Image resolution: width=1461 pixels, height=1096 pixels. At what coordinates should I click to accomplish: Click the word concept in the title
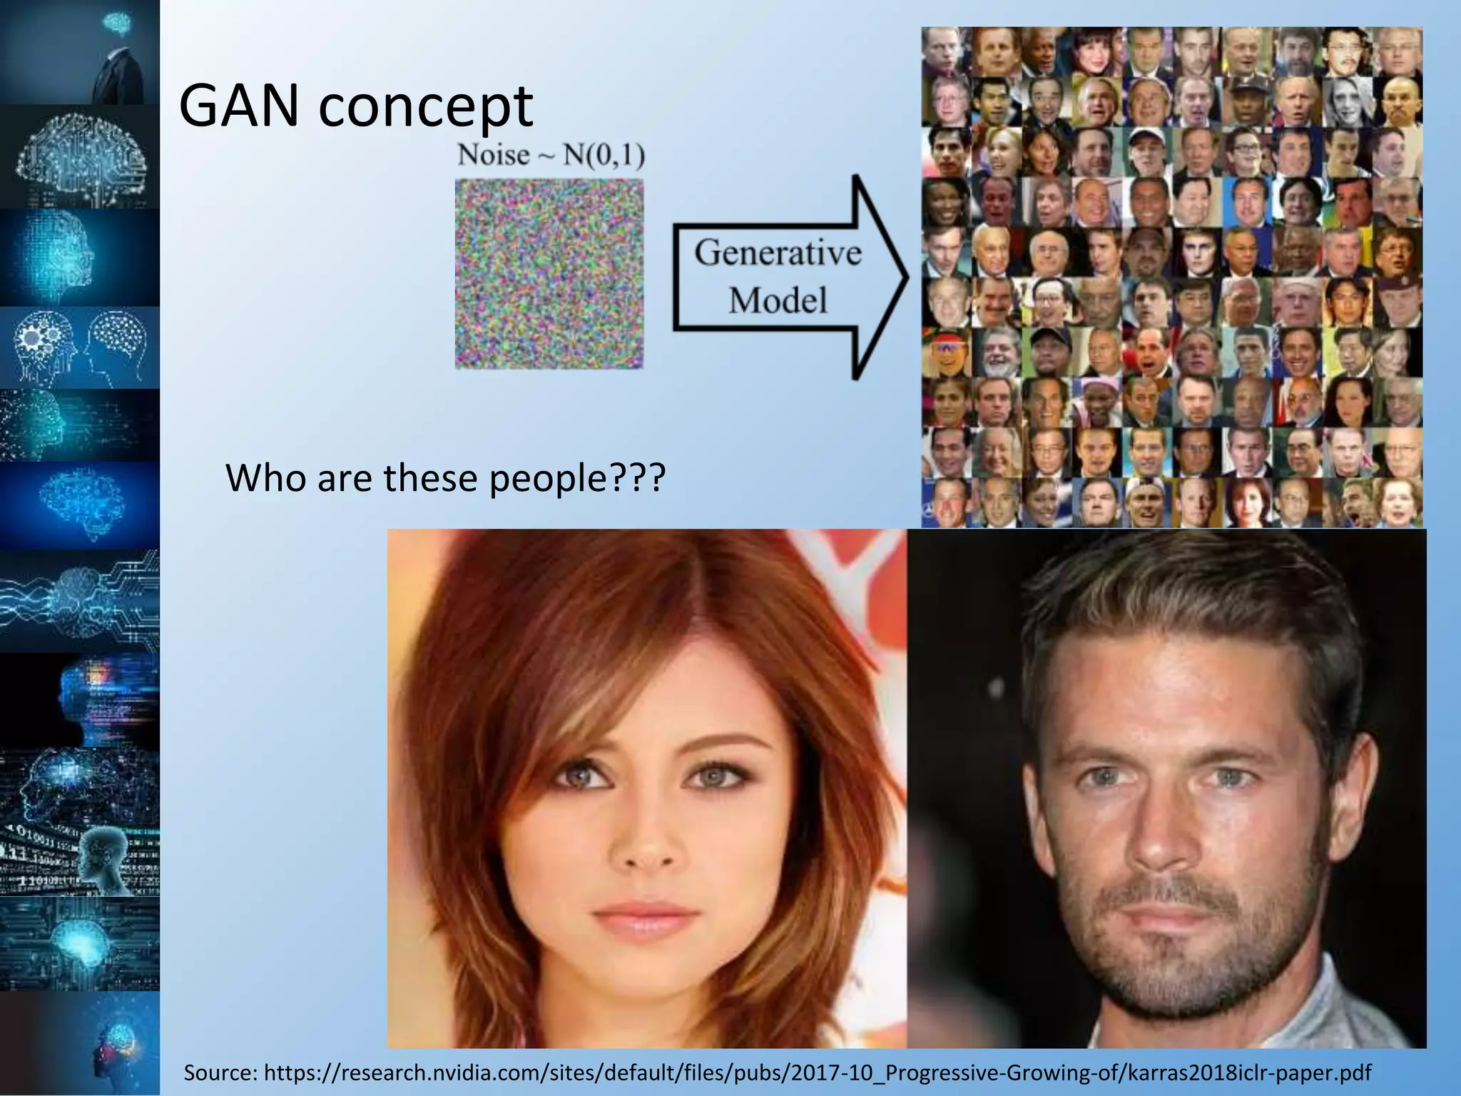pos(425,107)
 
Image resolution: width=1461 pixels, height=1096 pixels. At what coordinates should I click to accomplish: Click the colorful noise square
pos(549,274)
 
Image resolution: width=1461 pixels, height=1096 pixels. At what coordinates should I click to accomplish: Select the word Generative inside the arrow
pos(778,253)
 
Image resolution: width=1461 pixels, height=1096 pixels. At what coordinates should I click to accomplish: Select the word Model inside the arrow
pos(778,300)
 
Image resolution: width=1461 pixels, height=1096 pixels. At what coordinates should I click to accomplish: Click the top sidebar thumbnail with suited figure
pos(79,51)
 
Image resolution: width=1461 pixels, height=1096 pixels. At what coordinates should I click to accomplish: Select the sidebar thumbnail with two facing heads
pos(79,348)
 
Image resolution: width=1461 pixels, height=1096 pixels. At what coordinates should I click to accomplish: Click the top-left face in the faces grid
pos(945,51)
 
